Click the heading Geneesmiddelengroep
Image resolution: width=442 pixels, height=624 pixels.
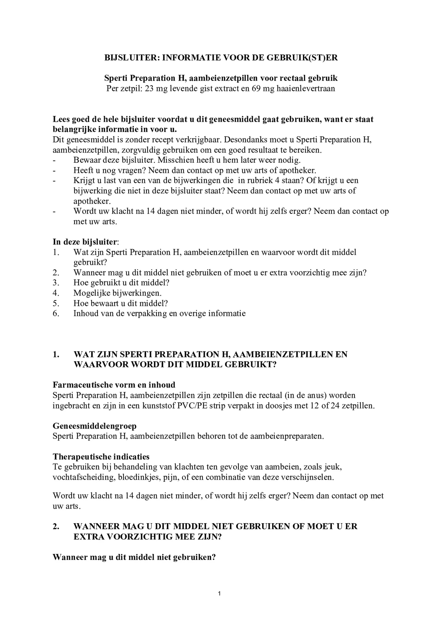(94, 426)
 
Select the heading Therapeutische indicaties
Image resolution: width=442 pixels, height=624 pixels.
(101, 456)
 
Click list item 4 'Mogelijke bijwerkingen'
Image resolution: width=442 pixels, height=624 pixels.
(117, 293)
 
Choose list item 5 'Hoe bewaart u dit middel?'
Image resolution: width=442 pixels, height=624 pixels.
(121, 303)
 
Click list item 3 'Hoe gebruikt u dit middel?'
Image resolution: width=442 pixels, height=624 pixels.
(121, 283)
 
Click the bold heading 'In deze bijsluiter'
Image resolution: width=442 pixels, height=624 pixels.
(85, 242)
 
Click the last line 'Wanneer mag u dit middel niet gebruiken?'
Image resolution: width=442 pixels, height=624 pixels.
(134, 557)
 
